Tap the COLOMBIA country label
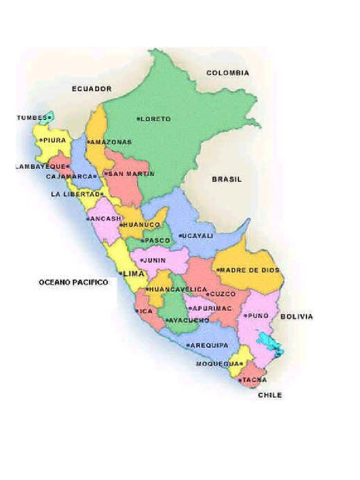[x=228, y=73]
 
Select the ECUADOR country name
[x=92, y=89]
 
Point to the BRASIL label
[x=227, y=179]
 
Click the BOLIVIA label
[x=296, y=317]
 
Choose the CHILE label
[x=270, y=395]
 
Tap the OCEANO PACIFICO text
[x=73, y=282]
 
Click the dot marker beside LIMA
[x=120, y=273]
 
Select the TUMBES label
[x=31, y=117]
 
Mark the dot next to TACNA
[x=240, y=380]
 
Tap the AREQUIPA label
[x=210, y=345]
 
